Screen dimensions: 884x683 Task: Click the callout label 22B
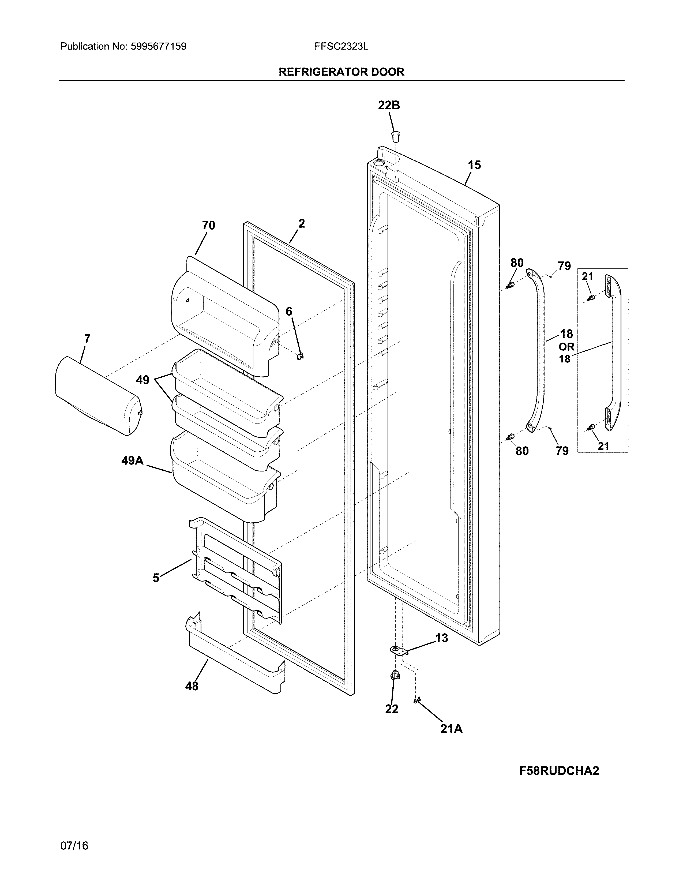coord(389,106)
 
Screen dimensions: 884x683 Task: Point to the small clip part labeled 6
coord(300,356)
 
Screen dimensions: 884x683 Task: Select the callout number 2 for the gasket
coord(301,223)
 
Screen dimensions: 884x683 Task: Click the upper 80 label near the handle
coord(517,263)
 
